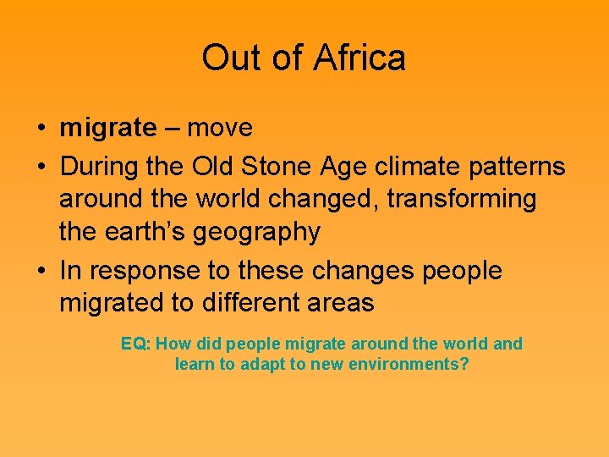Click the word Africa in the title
click(x=359, y=58)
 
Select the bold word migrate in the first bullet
click(x=107, y=129)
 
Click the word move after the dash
click(x=220, y=129)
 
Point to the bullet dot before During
click(x=41, y=168)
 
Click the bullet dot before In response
click(x=41, y=272)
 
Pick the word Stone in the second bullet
click(x=278, y=167)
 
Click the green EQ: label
click(x=135, y=344)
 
